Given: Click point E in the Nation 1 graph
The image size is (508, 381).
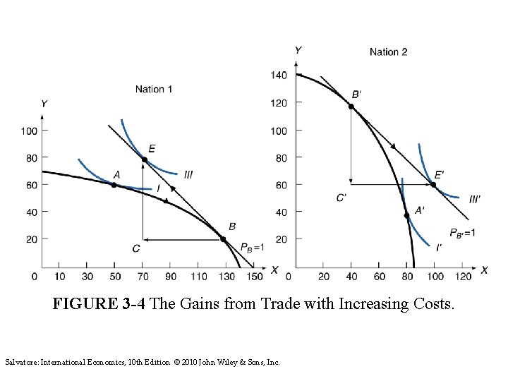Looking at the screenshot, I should pyautogui.click(x=144, y=160).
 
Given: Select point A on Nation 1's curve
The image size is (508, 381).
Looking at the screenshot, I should pyautogui.click(x=114, y=185).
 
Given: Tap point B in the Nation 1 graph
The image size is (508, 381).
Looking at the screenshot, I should pyautogui.click(x=224, y=239).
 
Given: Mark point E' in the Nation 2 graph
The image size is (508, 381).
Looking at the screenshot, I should pyautogui.click(x=434, y=185).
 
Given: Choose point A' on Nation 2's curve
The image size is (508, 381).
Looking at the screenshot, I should pyautogui.click(x=406, y=215).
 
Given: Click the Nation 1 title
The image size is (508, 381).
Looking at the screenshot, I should pyautogui.click(x=154, y=89).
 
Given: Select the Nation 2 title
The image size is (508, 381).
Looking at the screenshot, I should pyautogui.click(x=389, y=52).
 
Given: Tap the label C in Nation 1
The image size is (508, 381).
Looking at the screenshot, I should pyautogui.click(x=135, y=248).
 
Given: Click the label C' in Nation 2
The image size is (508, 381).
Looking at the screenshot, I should pyautogui.click(x=341, y=198).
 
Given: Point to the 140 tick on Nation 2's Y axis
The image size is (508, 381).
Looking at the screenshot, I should pyautogui.click(x=279, y=75).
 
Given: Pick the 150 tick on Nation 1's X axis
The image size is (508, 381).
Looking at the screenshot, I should pyautogui.click(x=255, y=277).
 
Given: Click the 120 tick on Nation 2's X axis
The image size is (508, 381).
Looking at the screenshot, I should pyautogui.click(x=463, y=277).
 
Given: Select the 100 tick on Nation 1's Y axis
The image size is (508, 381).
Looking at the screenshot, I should pyautogui.click(x=28, y=131).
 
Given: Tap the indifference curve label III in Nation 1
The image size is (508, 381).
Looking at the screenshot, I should pyautogui.click(x=188, y=174).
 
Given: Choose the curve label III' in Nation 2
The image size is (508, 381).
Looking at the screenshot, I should pyautogui.click(x=474, y=199).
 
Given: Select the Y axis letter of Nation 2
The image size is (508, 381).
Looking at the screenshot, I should pyautogui.click(x=298, y=49).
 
